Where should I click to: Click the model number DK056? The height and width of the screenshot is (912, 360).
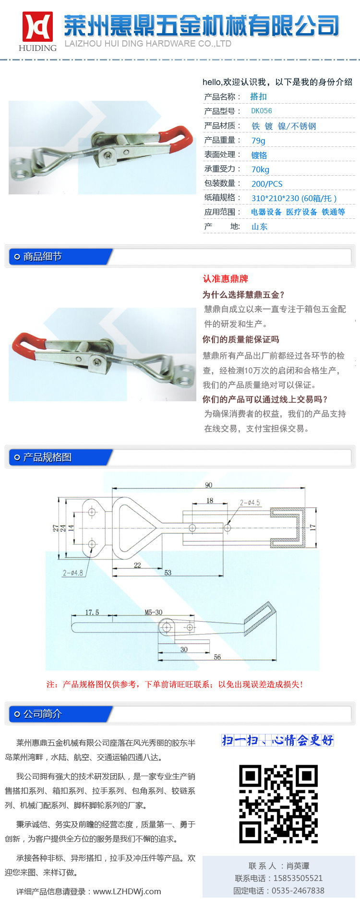(262, 111)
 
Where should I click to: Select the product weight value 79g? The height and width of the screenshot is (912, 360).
(258, 141)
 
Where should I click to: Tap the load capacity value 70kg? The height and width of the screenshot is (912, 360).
(260, 169)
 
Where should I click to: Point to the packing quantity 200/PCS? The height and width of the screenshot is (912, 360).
(267, 184)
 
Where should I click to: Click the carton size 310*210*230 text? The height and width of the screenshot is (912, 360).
(275, 198)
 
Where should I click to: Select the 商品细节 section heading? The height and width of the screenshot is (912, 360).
(43, 257)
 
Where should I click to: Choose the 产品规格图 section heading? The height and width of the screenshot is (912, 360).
(48, 457)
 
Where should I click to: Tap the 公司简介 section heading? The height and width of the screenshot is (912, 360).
(43, 714)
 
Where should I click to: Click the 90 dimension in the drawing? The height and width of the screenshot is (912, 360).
(209, 485)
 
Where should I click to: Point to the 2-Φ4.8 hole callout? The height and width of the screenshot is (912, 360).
(73, 573)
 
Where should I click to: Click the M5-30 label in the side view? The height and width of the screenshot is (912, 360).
(154, 612)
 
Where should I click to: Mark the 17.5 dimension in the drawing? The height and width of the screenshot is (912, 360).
(92, 612)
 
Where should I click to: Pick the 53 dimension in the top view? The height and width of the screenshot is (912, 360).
(168, 573)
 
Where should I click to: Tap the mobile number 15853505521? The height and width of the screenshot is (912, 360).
(298, 878)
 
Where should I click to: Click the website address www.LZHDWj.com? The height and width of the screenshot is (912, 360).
(127, 891)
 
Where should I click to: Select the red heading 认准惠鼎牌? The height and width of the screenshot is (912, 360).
(226, 279)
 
